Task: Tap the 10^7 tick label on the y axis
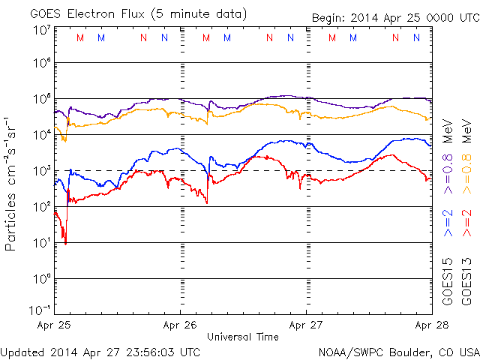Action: (41, 30)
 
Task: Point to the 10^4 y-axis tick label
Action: (41, 133)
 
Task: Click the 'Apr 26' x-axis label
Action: (181, 325)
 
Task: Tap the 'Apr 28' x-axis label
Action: (431, 325)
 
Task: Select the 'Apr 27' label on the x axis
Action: (306, 325)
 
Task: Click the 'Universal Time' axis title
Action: (243, 337)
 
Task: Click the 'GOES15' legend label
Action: (448, 281)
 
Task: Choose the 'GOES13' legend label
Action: (466, 281)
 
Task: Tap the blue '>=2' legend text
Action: (448, 223)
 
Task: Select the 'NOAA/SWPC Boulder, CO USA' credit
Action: (398, 351)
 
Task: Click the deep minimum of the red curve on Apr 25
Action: (66, 243)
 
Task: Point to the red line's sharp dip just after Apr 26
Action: (207, 202)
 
